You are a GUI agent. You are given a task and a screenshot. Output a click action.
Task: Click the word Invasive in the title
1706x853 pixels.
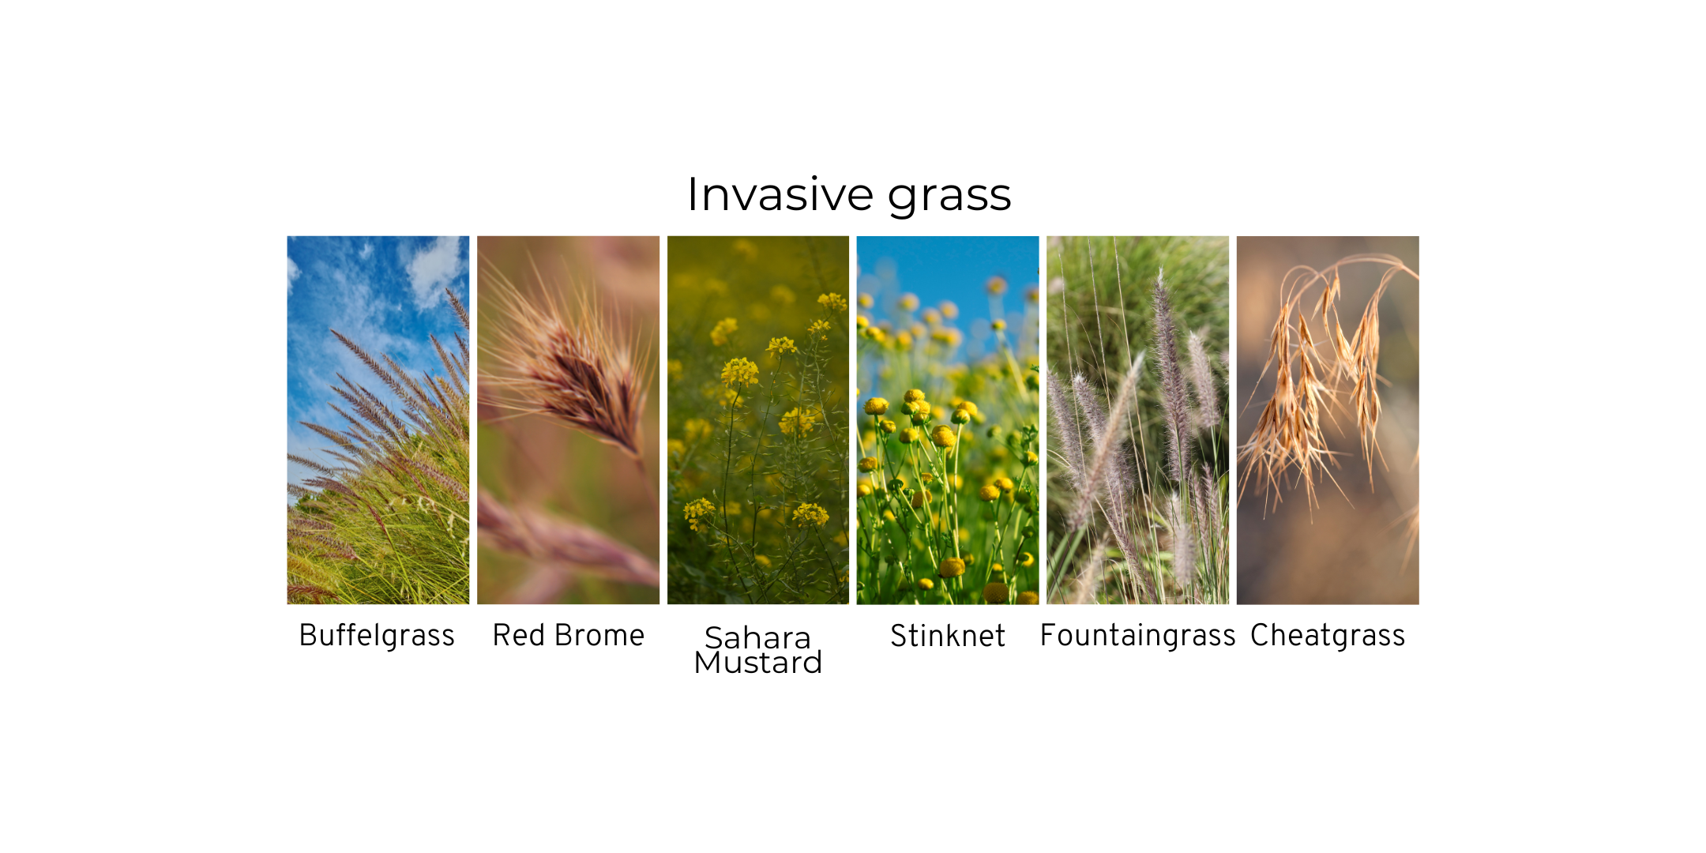(x=780, y=194)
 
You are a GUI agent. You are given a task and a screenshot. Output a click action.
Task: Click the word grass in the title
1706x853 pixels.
(x=949, y=197)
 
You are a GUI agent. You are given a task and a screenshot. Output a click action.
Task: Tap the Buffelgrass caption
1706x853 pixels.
(x=377, y=636)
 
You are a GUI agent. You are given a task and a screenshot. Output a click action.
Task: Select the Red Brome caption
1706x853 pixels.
(x=569, y=635)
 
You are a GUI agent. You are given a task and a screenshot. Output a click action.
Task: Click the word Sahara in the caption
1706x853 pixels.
(x=757, y=637)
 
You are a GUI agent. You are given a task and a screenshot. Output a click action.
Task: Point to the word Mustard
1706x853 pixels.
(x=758, y=663)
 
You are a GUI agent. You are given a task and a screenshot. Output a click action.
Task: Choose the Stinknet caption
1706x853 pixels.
(x=948, y=635)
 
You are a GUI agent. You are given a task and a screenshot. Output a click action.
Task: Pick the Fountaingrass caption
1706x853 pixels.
(x=1137, y=636)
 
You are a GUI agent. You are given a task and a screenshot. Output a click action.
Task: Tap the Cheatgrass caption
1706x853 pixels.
(x=1328, y=636)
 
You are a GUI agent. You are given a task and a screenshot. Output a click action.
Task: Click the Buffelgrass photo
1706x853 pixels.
(x=378, y=420)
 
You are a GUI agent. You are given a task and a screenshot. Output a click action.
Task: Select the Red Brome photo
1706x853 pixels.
(x=568, y=420)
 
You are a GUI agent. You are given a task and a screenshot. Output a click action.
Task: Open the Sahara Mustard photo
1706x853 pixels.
(x=758, y=420)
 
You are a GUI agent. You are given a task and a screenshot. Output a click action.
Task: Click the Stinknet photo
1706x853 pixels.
(x=948, y=420)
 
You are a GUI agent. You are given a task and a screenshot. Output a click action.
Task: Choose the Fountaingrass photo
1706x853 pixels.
(x=1138, y=420)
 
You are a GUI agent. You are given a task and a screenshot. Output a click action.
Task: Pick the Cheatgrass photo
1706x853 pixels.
(x=1328, y=420)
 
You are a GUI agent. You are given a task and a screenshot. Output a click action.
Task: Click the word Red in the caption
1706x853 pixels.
(x=519, y=635)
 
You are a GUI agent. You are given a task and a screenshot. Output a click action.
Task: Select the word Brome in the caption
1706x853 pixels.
(x=599, y=635)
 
